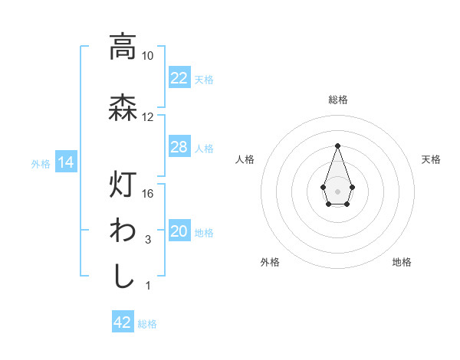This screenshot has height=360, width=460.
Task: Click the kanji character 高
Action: [x=123, y=47]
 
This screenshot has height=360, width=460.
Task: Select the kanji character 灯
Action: [x=123, y=185]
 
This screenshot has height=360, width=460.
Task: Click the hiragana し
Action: [x=123, y=276]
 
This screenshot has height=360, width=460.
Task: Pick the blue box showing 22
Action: [x=179, y=78]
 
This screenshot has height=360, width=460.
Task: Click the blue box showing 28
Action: [x=179, y=147]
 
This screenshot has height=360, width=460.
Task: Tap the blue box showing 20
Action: [x=179, y=232]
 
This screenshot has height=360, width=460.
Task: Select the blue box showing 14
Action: [x=65, y=162]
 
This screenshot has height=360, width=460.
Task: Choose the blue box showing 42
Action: [x=123, y=322]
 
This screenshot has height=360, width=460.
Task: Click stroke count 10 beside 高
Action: [x=148, y=56]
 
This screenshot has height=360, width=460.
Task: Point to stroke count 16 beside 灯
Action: [x=148, y=194]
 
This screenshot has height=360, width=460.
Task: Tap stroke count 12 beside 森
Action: [x=148, y=117]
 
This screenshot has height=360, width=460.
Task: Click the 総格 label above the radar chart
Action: [x=338, y=100]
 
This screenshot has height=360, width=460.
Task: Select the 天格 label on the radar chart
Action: [x=431, y=159]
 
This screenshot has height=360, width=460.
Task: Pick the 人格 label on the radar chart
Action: [x=245, y=159]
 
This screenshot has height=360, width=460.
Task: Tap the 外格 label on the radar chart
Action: [x=270, y=262]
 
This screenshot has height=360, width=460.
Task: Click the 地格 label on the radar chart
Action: [x=402, y=262]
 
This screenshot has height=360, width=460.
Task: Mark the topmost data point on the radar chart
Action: [x=337, y=145]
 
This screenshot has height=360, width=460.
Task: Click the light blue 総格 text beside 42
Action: [x=147, y=324]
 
